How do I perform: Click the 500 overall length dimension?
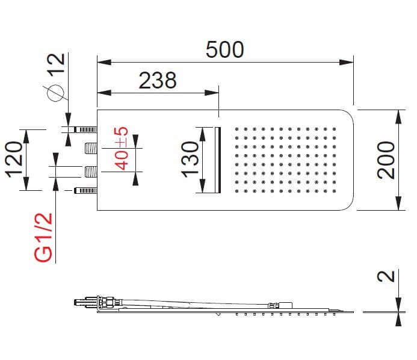(224, 49)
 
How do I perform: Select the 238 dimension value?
(158, 80)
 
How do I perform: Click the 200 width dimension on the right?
(386, 160)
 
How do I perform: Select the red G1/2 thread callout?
(43, 238)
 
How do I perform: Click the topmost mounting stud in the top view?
(84, 129)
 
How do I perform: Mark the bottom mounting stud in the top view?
(84, 191)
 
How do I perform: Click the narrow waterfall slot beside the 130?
(218, 160)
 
